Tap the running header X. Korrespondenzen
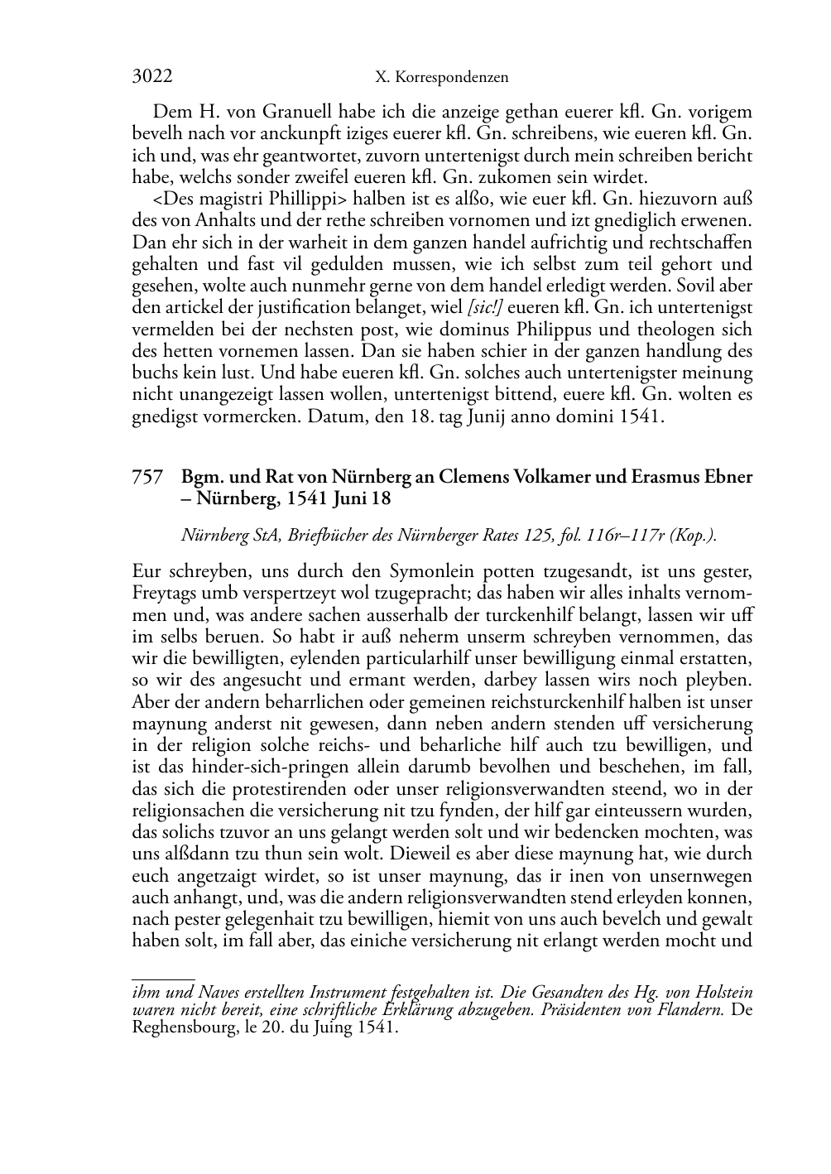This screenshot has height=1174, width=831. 441,78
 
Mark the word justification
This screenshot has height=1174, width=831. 314,308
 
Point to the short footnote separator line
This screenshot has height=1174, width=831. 163,979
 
